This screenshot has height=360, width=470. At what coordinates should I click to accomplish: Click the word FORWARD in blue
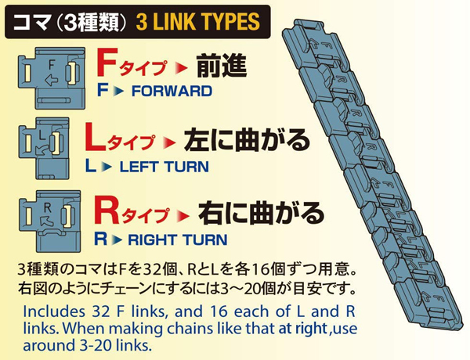172,91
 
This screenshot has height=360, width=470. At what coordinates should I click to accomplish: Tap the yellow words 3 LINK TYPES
198,22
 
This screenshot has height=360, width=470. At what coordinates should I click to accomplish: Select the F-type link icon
52,78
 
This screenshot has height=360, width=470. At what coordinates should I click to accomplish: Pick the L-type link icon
44,148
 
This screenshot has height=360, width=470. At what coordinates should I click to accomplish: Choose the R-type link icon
50,221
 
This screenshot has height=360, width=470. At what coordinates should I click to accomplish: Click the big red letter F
106,63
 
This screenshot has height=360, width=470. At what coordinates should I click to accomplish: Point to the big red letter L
95,137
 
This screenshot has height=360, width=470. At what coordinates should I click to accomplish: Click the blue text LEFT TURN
164,167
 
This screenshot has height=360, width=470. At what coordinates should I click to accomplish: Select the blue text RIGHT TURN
178,240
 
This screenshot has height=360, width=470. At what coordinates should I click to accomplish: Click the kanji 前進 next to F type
222,66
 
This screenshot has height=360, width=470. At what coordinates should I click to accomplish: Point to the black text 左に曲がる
247,140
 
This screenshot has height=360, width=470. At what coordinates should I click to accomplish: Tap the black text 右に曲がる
261,213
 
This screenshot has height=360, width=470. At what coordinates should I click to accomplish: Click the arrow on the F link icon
51,81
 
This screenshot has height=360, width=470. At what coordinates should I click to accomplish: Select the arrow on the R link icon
46,220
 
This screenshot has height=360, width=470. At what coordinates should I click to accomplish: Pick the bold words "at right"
302,329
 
